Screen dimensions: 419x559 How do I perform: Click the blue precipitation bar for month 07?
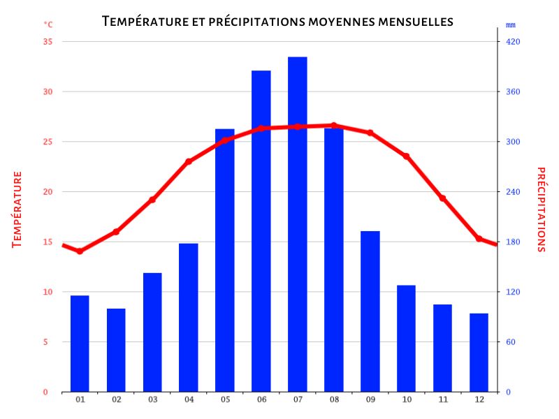pos(298,223)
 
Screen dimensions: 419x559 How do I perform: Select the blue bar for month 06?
pos(261,230)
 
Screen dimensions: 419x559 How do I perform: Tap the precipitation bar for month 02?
pos(116,349)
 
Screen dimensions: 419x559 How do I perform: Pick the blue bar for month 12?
pos(479,352)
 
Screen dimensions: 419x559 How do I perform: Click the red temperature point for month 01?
pos(80,251)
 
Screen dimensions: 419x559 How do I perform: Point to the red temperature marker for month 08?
pos(334,126)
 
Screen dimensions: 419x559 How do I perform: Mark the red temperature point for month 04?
pos(189,161)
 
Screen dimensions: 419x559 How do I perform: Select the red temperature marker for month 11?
pos(442,198)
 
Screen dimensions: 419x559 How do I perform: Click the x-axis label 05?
pos(225,399)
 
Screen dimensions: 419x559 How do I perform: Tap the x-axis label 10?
pos(407,399)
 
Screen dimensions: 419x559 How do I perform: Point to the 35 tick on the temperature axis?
pos(48,42)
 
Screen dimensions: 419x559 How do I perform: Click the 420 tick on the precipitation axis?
pos(514,42)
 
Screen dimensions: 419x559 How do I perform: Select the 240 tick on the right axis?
pos(514,192)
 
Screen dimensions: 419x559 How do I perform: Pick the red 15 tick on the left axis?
pos(48,242)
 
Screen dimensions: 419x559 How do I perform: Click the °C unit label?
pos(48,24)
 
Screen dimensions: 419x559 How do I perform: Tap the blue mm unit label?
pos(510,25)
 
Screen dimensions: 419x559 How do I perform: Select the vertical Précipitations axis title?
pos(541,209)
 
